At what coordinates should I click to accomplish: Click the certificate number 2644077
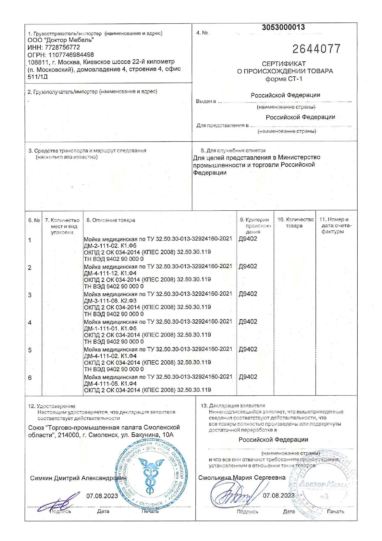[x=316, y=49]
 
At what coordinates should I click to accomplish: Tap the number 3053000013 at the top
[x=283, y=27]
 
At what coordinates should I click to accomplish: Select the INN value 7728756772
[x=62, y=47]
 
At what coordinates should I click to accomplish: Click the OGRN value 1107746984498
[x=71, y=55]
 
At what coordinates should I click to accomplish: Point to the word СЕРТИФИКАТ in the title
[x=284, y=64]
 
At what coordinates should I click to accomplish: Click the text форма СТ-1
[x=284, y=79]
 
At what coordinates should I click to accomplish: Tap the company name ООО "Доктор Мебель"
[x=61, y=40]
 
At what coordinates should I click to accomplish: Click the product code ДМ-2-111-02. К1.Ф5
[x=110, y=246]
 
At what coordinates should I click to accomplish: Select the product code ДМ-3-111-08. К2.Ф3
[x=110, y=301]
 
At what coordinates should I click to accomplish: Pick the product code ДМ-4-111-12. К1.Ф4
[x=110, y=273]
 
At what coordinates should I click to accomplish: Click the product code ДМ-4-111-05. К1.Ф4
[x=110, y=383]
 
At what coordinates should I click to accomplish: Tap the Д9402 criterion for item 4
[x=248, y=321]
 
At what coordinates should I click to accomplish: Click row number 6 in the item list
[x=30, y=378]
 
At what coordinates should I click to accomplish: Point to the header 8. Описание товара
[x=111, y=220]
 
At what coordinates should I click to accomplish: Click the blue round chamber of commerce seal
[x=152, y=474]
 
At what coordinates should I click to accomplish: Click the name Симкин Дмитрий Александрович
[x=78, y=478]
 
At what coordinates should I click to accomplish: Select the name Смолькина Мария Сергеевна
[x=242, y=477]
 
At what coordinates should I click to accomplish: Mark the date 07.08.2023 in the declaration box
[x=278, y=495]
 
